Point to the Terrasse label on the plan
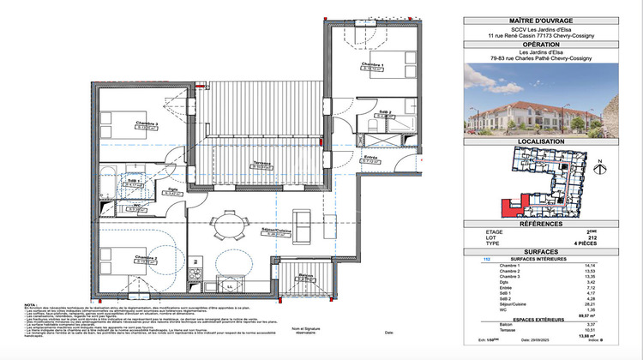point(262,163)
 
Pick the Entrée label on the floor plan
point(370,158)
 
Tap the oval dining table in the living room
point(228,224)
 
